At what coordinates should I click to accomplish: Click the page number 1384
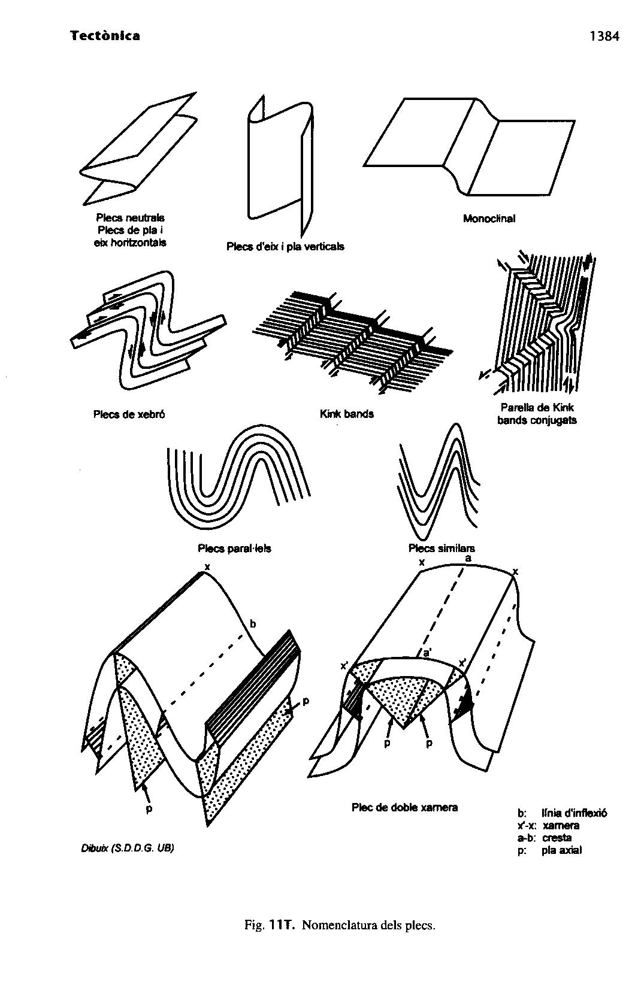click(x=603, y=37)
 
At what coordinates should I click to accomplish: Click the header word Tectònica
click(x=105, y=36)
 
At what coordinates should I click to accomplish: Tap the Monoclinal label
click(x=489, y=219)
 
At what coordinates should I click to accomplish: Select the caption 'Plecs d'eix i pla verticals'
click(x=285, y=246)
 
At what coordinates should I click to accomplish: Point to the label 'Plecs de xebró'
click(x=129, y=414)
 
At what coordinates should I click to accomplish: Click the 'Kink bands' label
click(x=346, y=414)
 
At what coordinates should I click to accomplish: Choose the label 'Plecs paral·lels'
click(x=234, y=548)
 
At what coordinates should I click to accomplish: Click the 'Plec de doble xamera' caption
click(x=404, y=807)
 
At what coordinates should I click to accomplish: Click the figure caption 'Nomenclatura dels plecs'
click(x=368, y=925)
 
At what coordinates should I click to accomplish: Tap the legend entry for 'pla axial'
click(x=561, y=850)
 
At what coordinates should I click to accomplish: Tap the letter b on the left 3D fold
click(x=253, y=624)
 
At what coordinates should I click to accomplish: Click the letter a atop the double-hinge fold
click(x=468, y=558)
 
